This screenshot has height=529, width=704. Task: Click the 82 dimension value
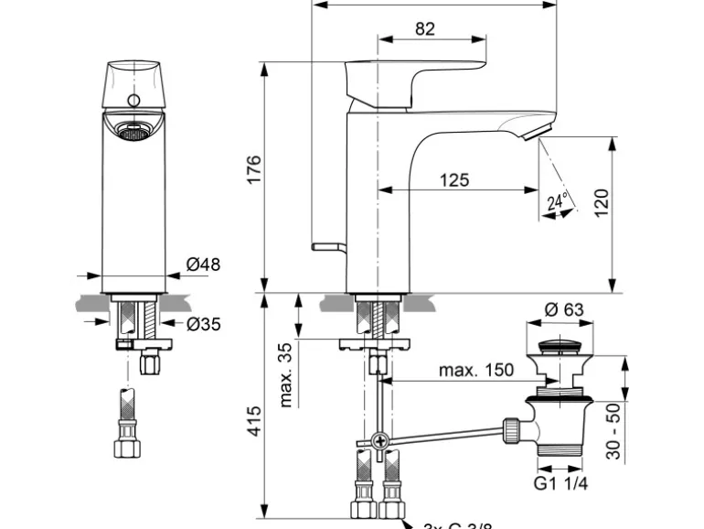pyautogui.click(x=424, y=29)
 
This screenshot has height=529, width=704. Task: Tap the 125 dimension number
pyautogui.click(x=453, y=180)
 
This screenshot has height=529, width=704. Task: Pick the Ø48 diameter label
pyautogui.click(x=203, y=265)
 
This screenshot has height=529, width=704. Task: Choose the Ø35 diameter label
pyautogui.click(x=203, y=323)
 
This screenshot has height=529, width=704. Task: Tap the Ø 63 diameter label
pyautogui.click(x=563, y=310)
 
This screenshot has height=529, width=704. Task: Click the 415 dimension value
pyautogui.click(x=255, y=421)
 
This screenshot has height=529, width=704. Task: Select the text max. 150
pyautogui.click(x=475, y=371)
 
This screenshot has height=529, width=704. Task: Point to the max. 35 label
pyautogui.click(x=286, y=375)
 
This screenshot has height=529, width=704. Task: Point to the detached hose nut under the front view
pyautogui.click(x=124, y=448)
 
